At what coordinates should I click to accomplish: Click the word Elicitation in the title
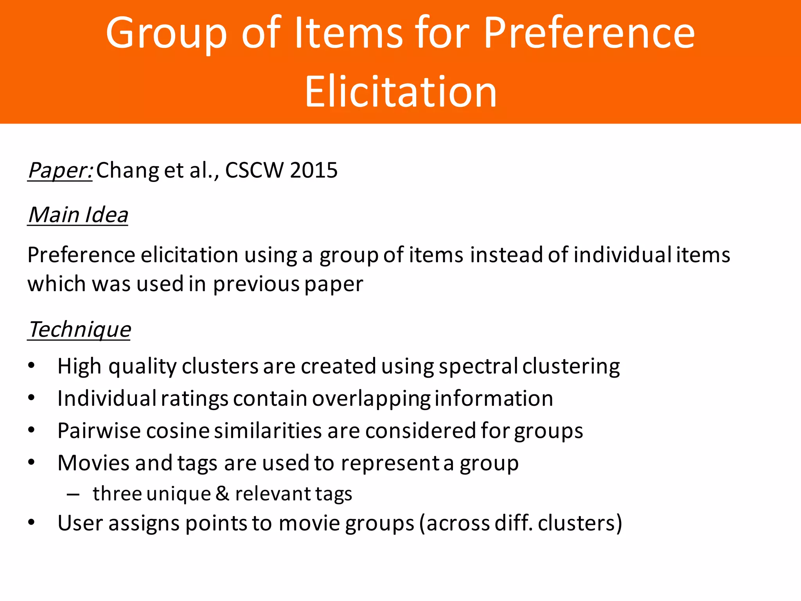400,92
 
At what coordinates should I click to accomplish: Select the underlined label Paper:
60,171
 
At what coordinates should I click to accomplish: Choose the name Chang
128,171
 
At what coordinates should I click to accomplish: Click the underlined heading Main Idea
78,215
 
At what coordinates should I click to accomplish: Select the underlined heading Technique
79,329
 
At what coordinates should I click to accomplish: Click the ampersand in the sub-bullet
222,494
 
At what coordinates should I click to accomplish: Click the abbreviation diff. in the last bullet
513,524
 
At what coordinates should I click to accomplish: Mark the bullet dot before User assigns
32,523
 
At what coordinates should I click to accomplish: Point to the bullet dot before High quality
32,366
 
